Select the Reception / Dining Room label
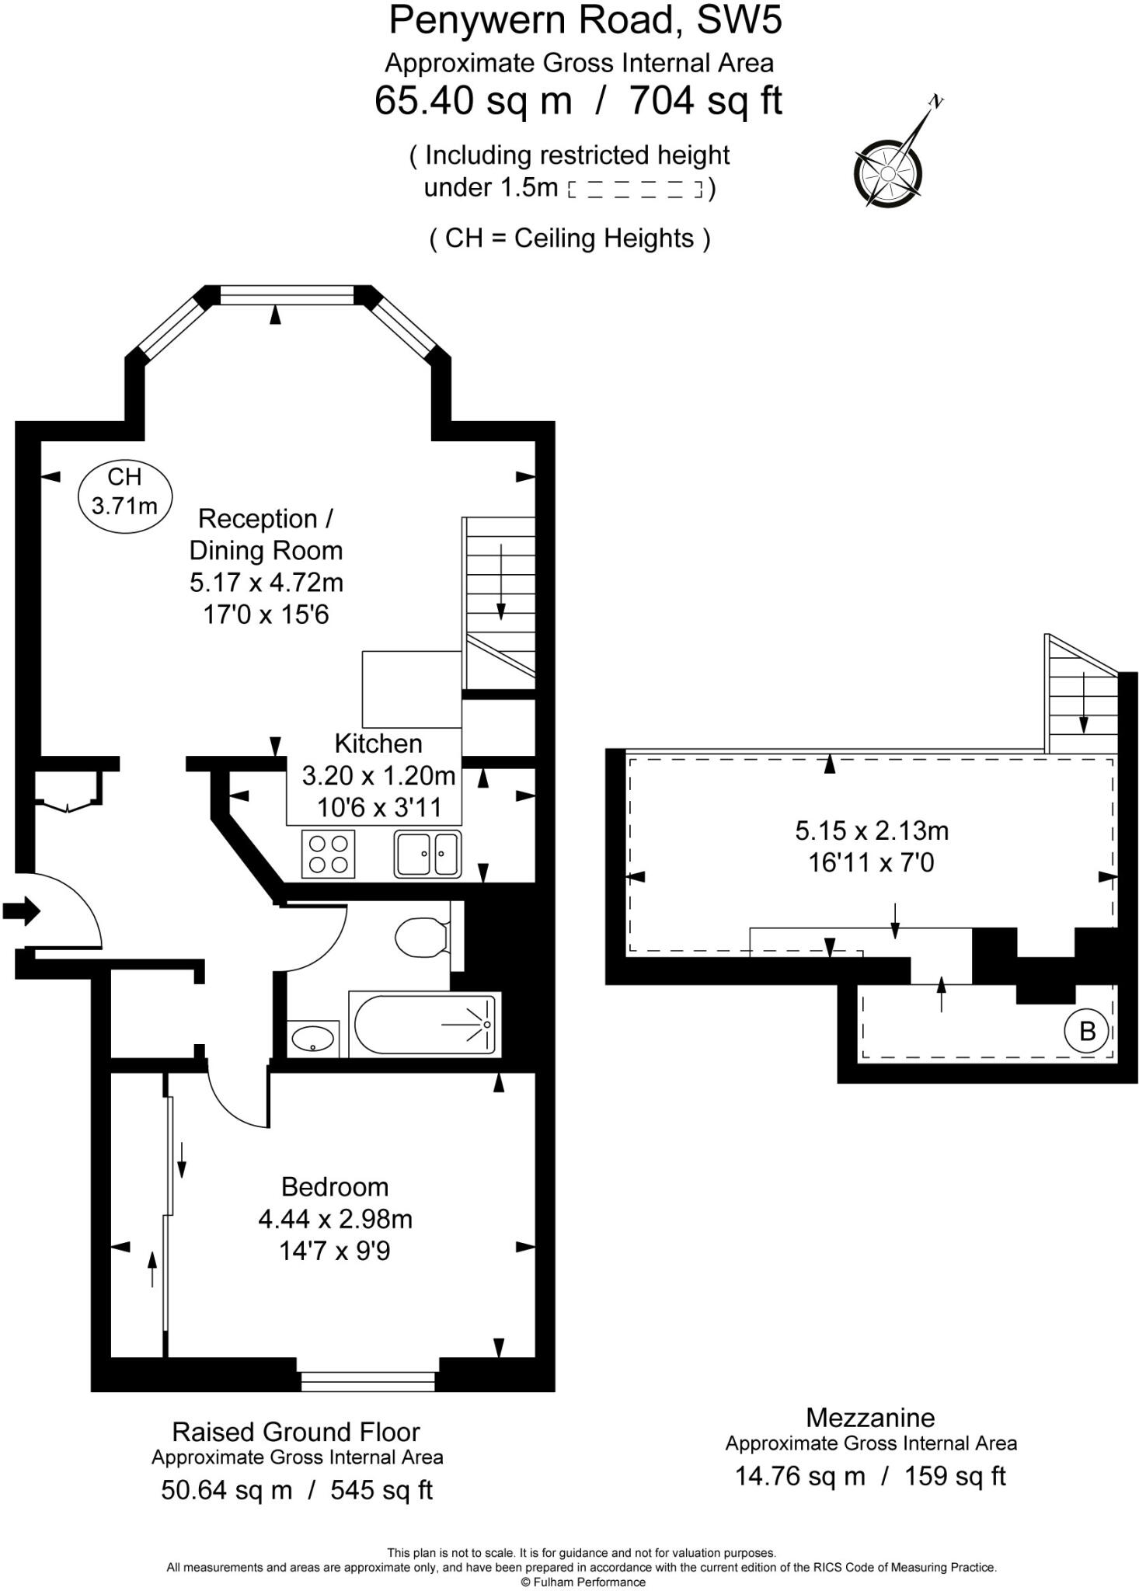click(x=266, y=534)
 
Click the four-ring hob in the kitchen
click(x=328, y=853)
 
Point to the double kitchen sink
click(x=427, y=853)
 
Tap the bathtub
click(x=424, y=1024)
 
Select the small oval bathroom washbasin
click(x=312, y=1038)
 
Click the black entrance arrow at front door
click(x=21, y=910)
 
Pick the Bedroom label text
click(x=335, y=1187)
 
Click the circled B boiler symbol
click(x=1087, y=1031)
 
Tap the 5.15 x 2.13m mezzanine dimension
click(x=871, y=830)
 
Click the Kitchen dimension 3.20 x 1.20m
click(x=378, y=775)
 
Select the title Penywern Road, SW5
click(x=585, y=20)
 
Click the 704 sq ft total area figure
click(x=705, y=100)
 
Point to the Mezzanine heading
click(x=869, y=1417)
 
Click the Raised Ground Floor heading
click(x=295, y=1431)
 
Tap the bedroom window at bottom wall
click(x=367, y=1380)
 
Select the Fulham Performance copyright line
click(x=582, y=1582)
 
